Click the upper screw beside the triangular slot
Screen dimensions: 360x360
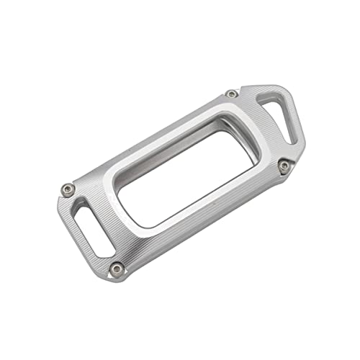point(231,94)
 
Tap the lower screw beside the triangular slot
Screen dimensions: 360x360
point(284,166)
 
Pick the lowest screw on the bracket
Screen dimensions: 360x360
point(116,268)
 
